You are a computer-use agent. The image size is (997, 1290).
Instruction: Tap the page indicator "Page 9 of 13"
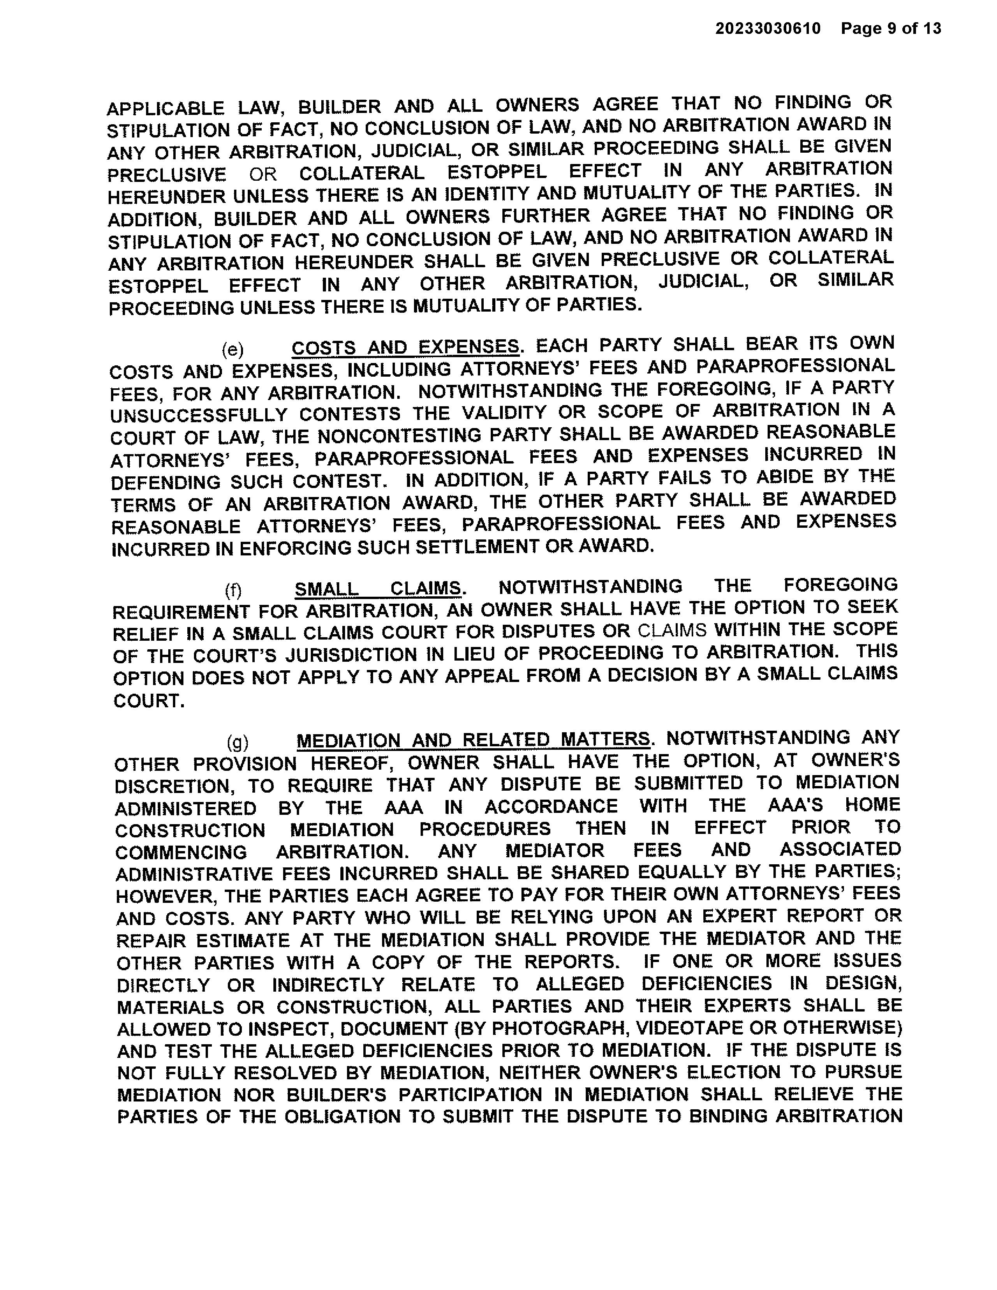point(891,28)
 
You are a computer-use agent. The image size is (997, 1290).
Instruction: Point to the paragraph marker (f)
point(233,590)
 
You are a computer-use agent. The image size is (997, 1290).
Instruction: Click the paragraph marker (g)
point(237,742)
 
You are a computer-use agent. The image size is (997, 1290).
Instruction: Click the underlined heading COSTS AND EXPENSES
point(406,347)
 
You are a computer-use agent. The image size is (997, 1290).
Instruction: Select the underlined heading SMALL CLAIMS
point(378,588)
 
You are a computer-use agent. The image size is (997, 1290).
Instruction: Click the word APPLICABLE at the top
point(166,109)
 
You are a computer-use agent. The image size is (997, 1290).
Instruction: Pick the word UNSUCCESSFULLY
point(199,415)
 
